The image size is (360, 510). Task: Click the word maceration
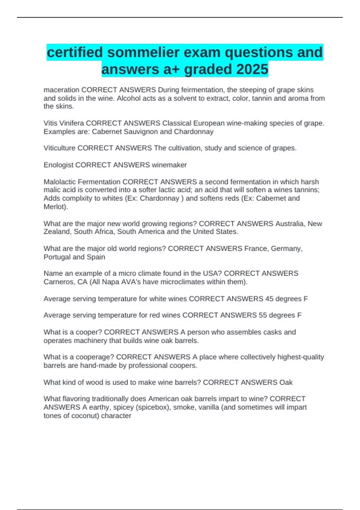[61, 90]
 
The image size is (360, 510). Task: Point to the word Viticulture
[59, 148]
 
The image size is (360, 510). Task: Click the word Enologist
[58, 165]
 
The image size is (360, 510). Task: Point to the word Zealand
[57, 232]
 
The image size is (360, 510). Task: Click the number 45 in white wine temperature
[269, 299]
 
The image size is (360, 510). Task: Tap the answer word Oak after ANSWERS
[286, 382]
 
